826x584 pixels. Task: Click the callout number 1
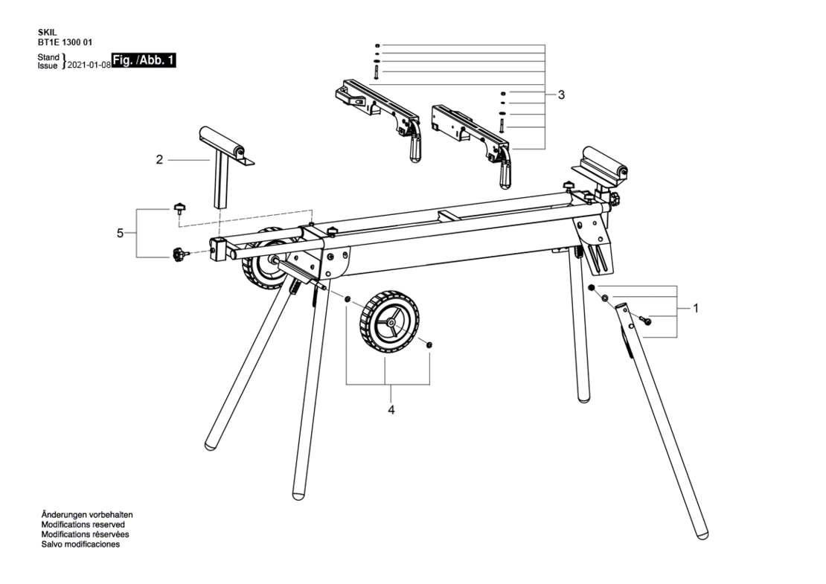[x=695, y=308]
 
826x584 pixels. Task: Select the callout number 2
[x=159, y=159]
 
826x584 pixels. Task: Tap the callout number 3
[x=561, y=94]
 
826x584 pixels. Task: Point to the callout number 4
[x=391, y=410]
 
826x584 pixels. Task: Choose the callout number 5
[x=120, y=233]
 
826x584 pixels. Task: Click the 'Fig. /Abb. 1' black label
[x=144, y=60]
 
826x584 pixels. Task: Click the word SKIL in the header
[x=47, y=33]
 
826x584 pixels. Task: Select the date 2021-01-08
[x=89, y=64]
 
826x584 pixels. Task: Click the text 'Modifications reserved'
[x=83, y=524]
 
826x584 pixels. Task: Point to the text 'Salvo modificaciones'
[x=80, y=545]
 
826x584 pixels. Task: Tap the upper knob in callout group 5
[x=180, y=208]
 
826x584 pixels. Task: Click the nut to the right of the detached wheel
[x=429, y=345]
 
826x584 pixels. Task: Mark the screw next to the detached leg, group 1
[x=644, y=319]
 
